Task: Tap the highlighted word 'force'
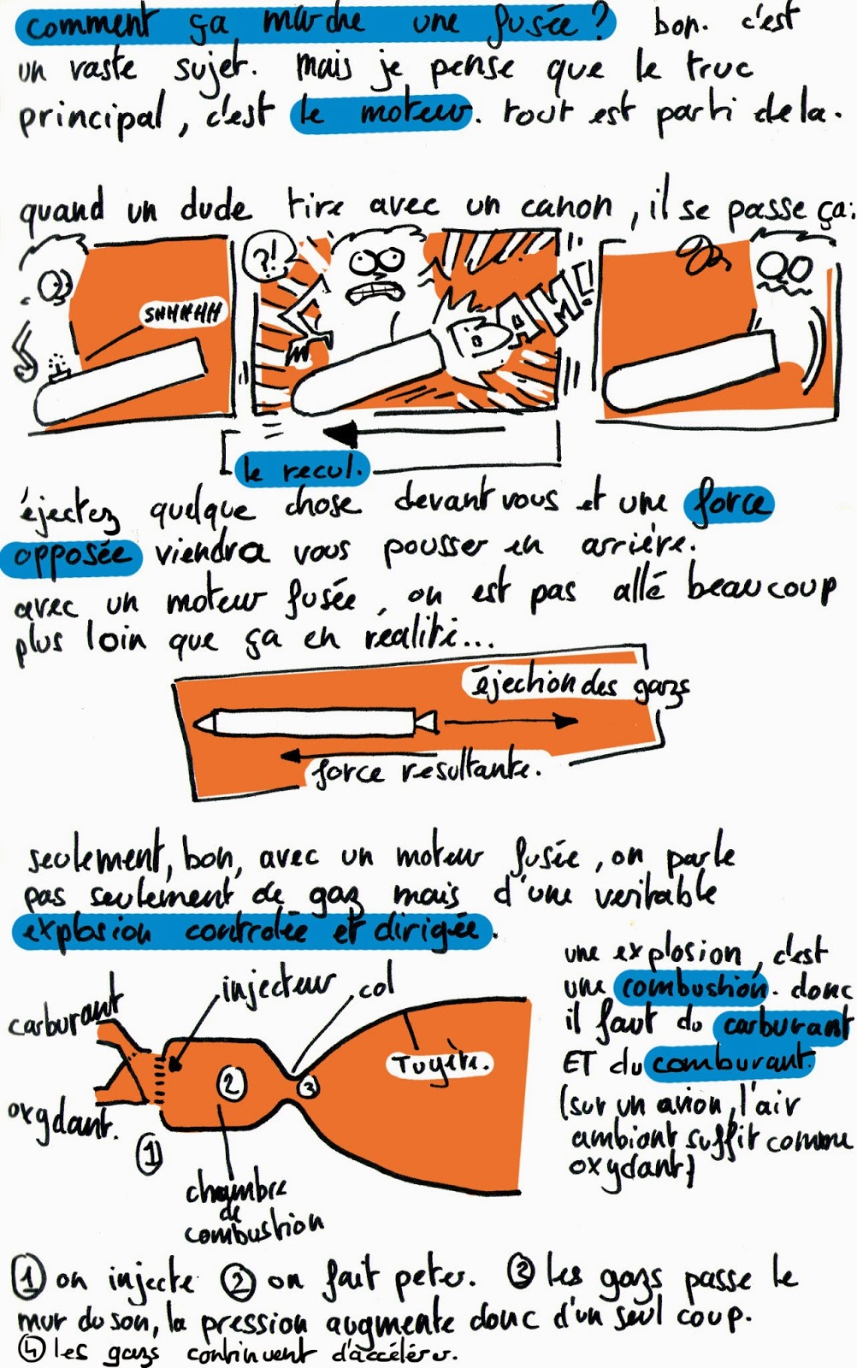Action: (x=728, y=503)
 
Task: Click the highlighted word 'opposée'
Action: (x=73, y=556)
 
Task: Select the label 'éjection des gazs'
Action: (x=577, y=686)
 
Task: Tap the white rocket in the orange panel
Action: (x=315, y=723)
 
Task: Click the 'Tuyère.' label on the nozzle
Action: (x=441, y=1064)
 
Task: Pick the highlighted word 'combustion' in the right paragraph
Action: (x=692, y=988)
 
